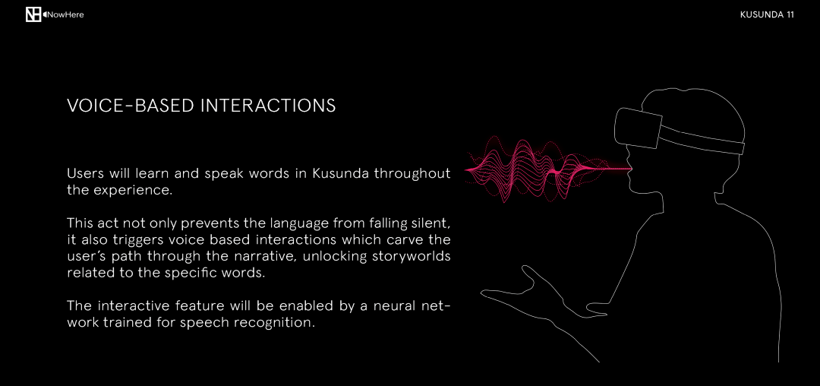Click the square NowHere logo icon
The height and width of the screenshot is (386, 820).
[x=33, y=14]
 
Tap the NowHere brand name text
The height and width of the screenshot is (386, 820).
[x=65, y=14]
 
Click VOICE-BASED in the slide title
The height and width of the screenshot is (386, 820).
[x=131, y=106]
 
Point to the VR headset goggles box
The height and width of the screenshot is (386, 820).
[x=638, y=128]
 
